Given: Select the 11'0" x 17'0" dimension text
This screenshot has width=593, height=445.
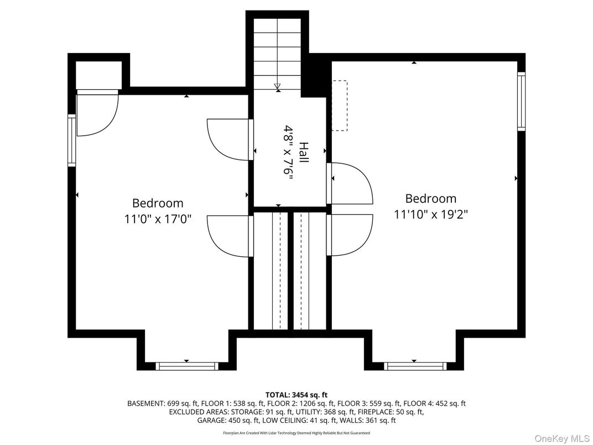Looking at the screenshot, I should [x=158, y=219].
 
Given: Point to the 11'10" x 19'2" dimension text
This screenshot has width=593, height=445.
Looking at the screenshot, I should [x=431, y=214].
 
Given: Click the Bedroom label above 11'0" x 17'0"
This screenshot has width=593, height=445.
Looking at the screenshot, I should [x=158, y=203].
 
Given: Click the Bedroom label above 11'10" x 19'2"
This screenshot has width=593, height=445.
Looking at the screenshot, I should [x=431, y=198].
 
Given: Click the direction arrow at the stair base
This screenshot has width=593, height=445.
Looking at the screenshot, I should [x=277, y=86].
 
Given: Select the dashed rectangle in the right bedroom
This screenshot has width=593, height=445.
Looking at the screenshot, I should [x=339, y=105].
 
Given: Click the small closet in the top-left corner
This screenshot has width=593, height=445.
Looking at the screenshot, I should [x=98, y=74].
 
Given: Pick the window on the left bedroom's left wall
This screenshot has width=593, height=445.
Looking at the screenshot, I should [x=71, y=140].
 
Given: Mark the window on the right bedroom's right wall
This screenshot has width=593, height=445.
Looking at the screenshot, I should [x=521, y=101].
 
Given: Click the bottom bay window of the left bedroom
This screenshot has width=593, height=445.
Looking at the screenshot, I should [x=186, y=366].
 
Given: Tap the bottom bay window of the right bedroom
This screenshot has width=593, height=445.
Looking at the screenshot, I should [x=415, y=366].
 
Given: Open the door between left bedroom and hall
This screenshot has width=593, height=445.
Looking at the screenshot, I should [x=228, y=139].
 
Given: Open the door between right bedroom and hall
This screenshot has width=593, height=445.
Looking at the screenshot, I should [x=351, y=183].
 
